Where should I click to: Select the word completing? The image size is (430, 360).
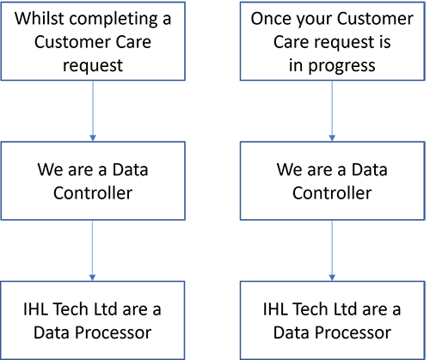114,20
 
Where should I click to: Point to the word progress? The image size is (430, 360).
341,66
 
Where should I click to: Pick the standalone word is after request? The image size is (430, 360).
384,42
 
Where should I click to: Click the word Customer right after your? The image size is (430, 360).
375,19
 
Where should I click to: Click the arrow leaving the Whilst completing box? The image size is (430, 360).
93,111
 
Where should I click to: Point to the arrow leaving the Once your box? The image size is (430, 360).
332,111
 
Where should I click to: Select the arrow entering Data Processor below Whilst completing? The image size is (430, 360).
92,251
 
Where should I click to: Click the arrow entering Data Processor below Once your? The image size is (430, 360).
332,251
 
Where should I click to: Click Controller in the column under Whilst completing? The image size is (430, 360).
93,192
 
